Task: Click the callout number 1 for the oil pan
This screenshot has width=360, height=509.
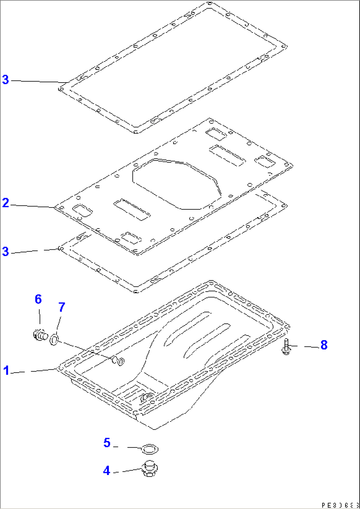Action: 6,371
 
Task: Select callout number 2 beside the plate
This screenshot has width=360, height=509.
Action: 6,203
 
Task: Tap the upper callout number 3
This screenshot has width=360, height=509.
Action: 6,80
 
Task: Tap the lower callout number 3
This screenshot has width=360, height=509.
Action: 6,251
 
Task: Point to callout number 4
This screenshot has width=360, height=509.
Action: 106,471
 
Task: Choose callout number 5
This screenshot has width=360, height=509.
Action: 107,443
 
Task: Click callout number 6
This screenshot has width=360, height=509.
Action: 38,299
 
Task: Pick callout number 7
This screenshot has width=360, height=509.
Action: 62,307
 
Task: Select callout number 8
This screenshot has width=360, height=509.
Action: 324,345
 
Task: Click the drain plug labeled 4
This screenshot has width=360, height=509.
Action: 150,469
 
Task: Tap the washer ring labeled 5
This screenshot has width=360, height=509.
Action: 150,449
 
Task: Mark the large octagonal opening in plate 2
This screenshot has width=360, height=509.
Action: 175,184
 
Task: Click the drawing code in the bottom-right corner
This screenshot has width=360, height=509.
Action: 340,505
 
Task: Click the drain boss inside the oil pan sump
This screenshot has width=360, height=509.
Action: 147,398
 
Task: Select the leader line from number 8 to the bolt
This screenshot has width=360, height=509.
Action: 306,346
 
